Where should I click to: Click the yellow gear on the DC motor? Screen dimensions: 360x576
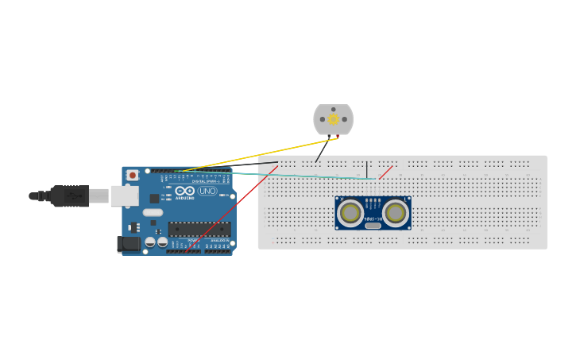tap(333, 120)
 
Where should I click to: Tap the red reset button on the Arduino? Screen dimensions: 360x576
tap(133, 175)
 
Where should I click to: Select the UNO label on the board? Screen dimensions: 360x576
tap(207, 191)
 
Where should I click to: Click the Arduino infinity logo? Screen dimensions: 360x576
tap(185, 191)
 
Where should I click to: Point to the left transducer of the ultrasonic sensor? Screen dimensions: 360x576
tap(350, 212)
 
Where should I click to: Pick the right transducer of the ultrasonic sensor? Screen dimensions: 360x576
tap(396, 212)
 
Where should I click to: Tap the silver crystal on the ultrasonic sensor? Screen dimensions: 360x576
tap(373, 226)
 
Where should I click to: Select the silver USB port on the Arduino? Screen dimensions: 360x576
tap(123, 195)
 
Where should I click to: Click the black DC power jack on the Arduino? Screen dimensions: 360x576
tap(128, 244)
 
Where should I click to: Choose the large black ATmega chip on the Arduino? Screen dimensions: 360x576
tap(199, 229)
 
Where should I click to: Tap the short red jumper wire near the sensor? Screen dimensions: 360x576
tap(385, 172)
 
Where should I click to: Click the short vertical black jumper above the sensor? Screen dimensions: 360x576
tap(367, 169)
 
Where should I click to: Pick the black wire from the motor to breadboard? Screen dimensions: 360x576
tap(321, 152)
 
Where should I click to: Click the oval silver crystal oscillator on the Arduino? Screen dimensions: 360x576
tap(153, 212)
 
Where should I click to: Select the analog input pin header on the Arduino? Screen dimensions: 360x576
tap(218, 251)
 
